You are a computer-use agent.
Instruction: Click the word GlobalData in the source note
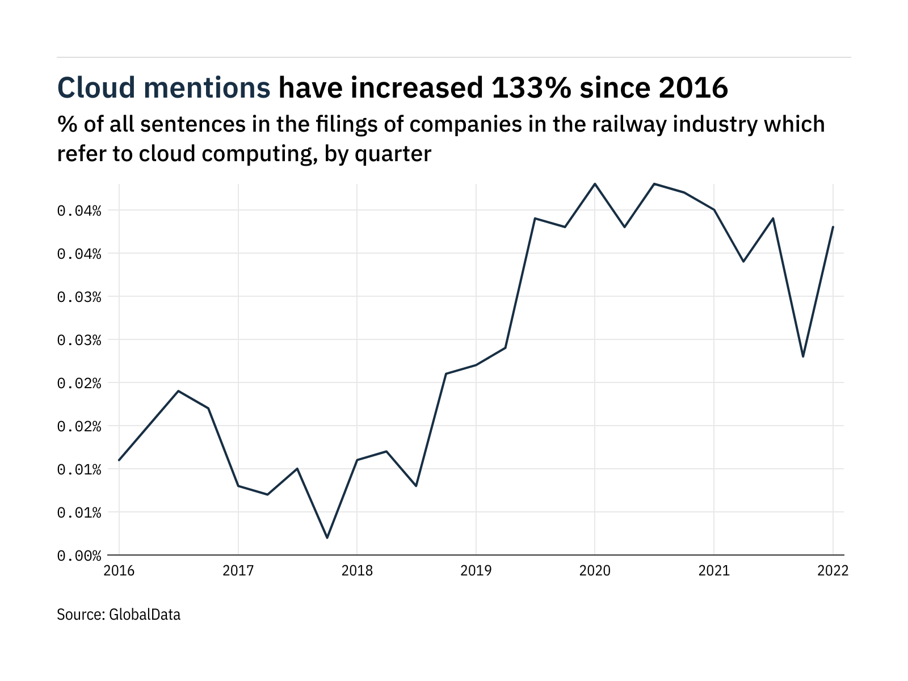tap(144, 614)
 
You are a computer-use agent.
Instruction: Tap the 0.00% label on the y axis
tap(79, 556)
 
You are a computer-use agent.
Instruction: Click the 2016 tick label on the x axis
tap(119, 571)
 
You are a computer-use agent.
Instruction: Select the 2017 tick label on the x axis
tap(238, 571)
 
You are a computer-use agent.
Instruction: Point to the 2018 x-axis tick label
tap(357, 571)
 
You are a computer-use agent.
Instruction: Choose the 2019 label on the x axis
tap(476, 571)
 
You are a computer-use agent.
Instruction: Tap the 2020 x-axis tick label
tap(595, 571)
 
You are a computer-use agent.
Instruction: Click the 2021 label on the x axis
tap(713, 571)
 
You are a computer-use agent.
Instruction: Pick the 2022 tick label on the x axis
tap(833, 571)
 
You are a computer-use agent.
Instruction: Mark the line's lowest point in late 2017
tap(327, 537)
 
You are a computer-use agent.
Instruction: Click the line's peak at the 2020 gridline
tap(595, 184)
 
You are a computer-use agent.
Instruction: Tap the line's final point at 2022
tap(833, 227)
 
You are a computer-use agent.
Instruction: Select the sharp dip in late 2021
tap(802, 356)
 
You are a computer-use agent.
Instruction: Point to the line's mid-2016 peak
tap(178, 391)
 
